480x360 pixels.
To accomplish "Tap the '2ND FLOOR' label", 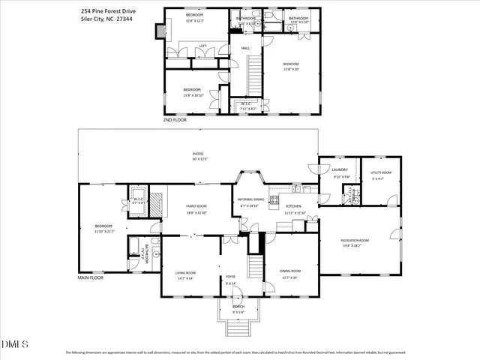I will [175, 119].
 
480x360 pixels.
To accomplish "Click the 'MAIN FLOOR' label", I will [91, 277].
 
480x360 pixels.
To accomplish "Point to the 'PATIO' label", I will [198, 154].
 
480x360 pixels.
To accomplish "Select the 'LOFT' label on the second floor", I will [202, 46].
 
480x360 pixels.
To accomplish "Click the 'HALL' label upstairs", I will [245, 49].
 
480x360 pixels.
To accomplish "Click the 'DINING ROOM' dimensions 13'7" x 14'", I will [290, 278].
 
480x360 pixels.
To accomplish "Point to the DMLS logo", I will [15, 344].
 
